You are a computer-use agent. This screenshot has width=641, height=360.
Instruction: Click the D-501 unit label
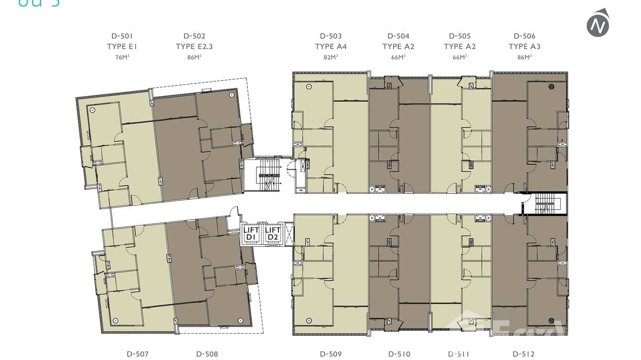tap(122, 36)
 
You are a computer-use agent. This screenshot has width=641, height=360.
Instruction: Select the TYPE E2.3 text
tap(194, 46)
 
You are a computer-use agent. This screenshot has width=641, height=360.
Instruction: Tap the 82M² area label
tap(331, 57)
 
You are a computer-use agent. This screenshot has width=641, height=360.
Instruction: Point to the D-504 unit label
tap(398, 36)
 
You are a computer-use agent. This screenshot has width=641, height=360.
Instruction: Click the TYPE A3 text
tap(524, 46)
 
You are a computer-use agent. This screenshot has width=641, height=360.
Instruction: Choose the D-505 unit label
tap(459, 36)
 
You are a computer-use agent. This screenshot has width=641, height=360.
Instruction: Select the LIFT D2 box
tap(273, 234)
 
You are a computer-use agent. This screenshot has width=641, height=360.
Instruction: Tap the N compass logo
tap(598, 23)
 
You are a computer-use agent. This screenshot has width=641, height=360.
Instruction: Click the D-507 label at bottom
tap(138, 354)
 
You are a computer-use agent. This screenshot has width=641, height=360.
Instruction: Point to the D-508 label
tap(207, 354)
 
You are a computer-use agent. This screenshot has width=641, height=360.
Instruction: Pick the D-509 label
tap(331, 354)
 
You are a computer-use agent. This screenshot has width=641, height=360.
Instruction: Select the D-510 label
tap(399, 354)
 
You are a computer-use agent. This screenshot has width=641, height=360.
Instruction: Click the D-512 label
tap(523, 354)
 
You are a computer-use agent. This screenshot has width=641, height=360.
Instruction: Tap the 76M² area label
tap(122, 57)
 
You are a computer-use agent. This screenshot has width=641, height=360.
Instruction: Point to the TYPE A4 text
tap(331, 46)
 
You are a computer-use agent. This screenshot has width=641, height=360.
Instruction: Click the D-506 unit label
tap(524, 36)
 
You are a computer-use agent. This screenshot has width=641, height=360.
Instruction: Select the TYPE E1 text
tap(122, 46)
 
